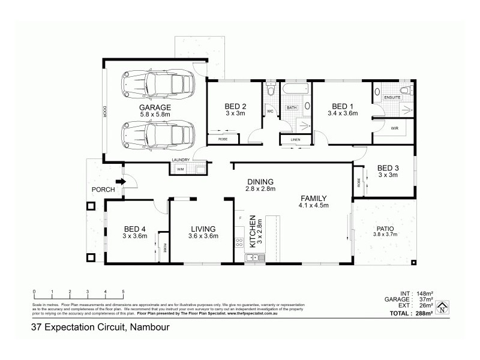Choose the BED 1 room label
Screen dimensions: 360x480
pos(342,106)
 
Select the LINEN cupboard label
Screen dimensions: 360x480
pos(295,140)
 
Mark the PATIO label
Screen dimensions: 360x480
pos(385,229)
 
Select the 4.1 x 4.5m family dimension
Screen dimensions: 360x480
pos(313,206)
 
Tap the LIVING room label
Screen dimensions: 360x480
pos(203,229)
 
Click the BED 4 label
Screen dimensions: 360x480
pos(135,229)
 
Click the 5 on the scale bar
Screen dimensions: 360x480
pos(123,291)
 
